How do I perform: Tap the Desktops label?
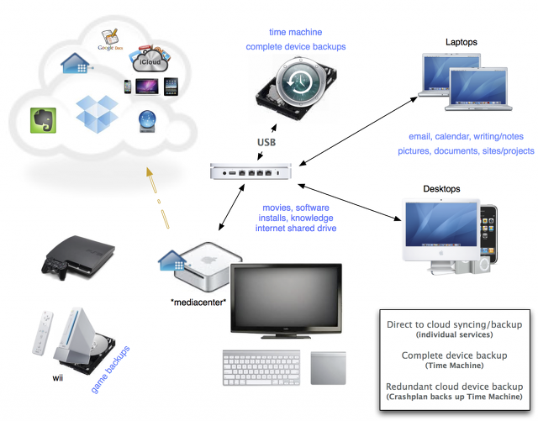(441, 190)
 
